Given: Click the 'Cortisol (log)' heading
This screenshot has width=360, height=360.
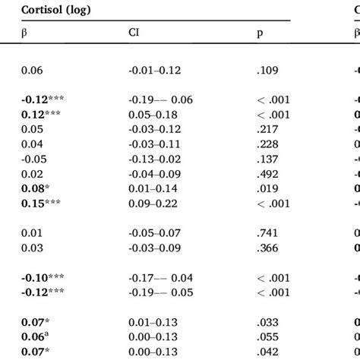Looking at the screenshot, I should tap(54, 11).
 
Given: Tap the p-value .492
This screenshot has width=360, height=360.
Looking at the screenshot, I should tap(267, 175).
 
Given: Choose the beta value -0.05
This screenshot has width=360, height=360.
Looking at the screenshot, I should tap(33, 163).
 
